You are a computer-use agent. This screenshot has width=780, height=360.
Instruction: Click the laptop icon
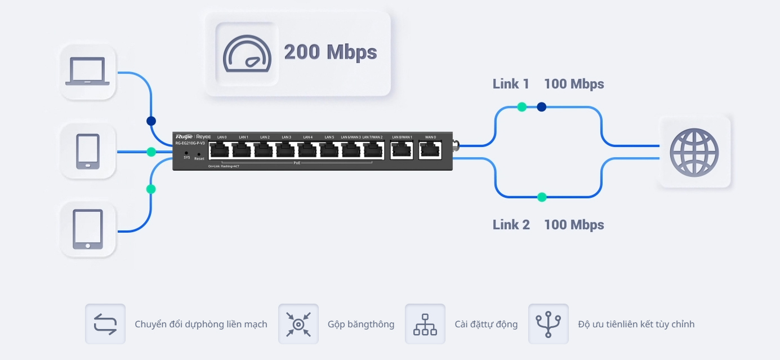pyautogui.click(x=87, y=72)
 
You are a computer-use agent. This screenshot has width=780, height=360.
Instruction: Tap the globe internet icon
pyautogui.click(x=694, y=152)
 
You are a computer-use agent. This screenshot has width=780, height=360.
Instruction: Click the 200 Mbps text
pyautogui.click(x=330, y=52)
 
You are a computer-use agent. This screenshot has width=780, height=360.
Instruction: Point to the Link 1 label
pyautogui.click(x=511, y=84)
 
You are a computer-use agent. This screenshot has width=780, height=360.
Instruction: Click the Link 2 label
pyautogui.click(x=511, y=225)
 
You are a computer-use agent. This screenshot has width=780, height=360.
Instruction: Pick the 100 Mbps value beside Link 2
pyautogui.click(x=574, y=225)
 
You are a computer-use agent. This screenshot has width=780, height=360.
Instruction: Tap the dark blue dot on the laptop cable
pyautogui.click(x=151, y=121)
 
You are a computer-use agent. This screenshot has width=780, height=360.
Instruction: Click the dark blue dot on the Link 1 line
pyautogui.click(x=541, y=106)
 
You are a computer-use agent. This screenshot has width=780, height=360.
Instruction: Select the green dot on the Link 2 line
pyautogui.click(x=541, y=197)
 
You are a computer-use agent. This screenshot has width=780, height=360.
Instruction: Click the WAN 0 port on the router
pyautogui.click(x=430, y=150)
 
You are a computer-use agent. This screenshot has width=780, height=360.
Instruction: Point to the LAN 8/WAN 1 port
pyautogui.click(x=402, y=150)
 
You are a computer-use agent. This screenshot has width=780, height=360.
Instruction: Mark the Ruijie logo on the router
pyautogui.click(x=184, y=136)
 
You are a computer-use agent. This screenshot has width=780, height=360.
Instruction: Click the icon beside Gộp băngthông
pyautogui.click(x=298, y=324)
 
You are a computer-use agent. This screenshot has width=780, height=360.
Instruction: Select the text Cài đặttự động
pyautogui.click(x=486, y=324)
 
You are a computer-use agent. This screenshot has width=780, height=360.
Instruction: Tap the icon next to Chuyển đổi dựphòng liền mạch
pyautogui.click(x=105, y=324)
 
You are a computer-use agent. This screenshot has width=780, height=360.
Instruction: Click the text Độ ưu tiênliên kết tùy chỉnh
pyautogui.click(x=636, y=324)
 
